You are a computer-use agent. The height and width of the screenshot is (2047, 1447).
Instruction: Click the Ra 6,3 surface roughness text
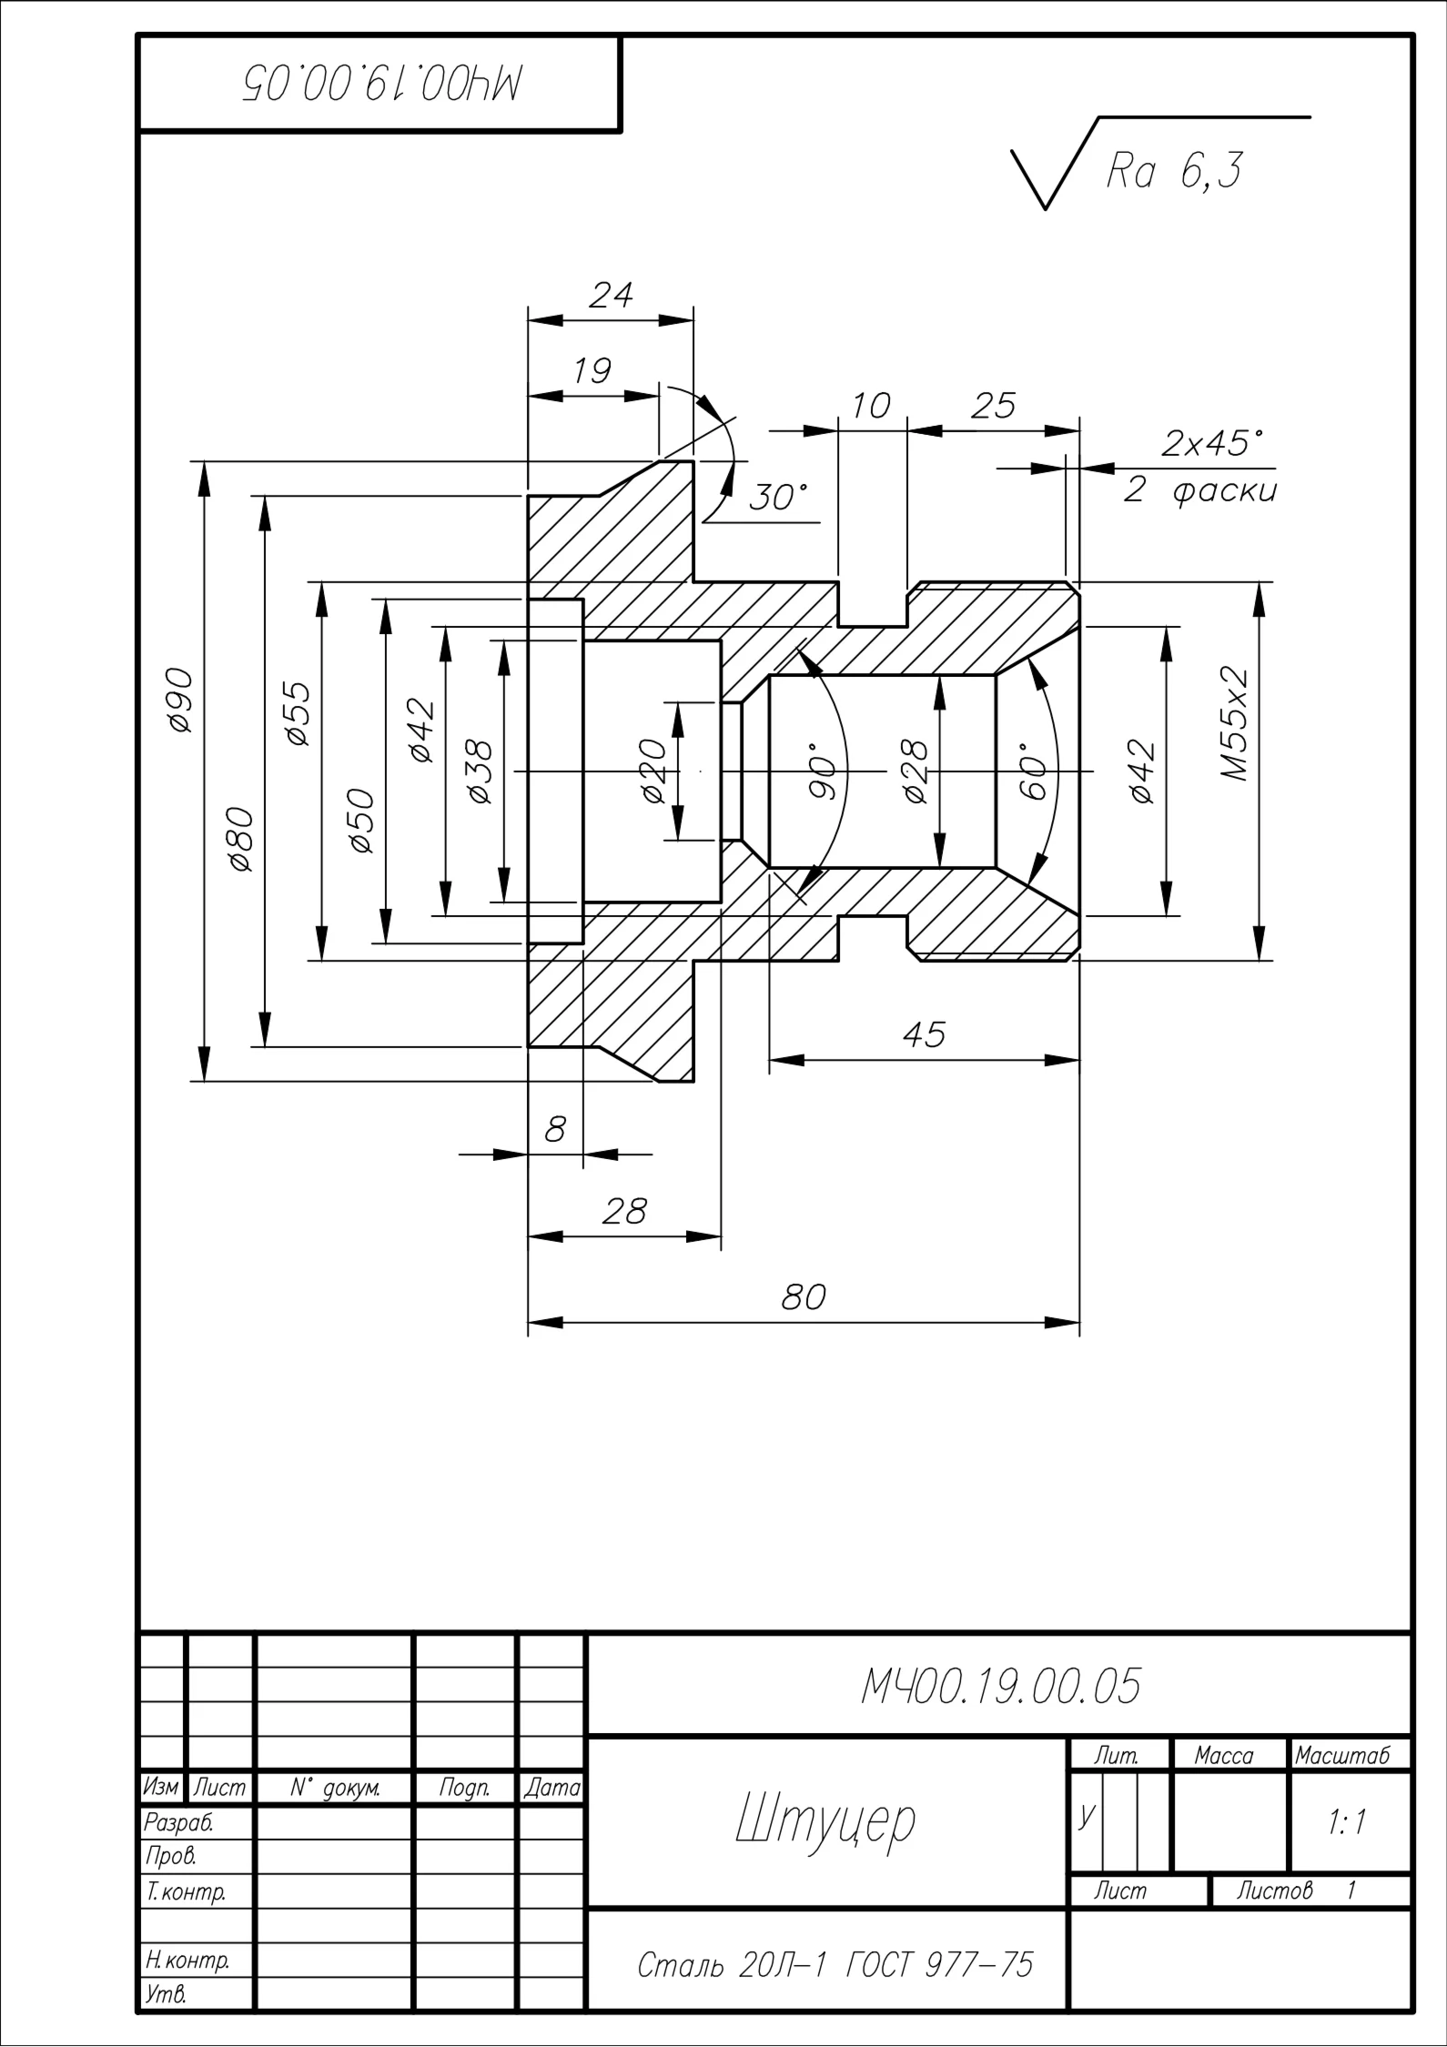(1173, 171)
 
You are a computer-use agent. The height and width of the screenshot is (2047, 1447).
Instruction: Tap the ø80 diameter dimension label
(241, 839)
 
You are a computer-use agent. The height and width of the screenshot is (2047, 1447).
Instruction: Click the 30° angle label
(778, 498)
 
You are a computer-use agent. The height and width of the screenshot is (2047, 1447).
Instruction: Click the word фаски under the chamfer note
(1225, 491)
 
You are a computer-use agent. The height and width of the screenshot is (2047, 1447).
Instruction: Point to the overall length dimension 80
(804, 1296)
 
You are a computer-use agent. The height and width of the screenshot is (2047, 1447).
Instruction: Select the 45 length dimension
(924, 1034)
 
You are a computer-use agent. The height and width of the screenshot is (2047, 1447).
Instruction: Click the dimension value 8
(554, 1130)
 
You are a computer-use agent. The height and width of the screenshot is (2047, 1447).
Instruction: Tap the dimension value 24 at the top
(611, 295)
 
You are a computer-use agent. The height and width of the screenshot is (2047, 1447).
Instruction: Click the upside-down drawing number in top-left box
(382, 84)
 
